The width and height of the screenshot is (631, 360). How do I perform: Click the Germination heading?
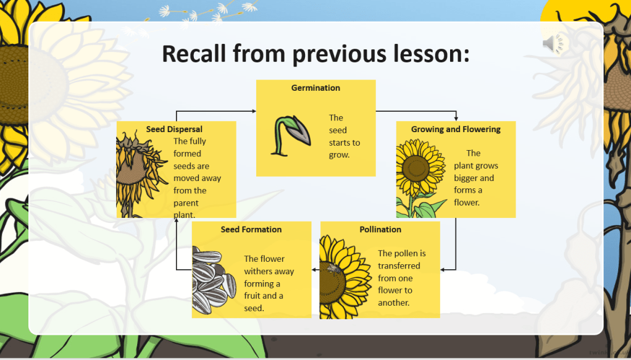pos(315,88)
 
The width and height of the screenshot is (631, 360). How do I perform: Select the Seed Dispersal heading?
pos(174,129)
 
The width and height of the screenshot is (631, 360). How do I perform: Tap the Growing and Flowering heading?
pos(456,129)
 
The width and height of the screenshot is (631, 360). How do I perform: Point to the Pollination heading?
pos(380,230)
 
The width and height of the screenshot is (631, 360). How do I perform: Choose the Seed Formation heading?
pos(251,230)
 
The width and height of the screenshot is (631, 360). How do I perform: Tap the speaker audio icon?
pos(553,43)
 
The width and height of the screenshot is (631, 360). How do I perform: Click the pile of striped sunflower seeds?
pos(213,280)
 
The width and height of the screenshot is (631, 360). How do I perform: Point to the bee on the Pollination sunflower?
pos(333,268)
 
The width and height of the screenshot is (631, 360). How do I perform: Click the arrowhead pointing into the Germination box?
pos(254,111)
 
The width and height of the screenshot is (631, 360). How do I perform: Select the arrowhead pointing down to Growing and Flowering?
pos(456,119)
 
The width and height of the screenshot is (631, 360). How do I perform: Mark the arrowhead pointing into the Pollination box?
pos(443,269)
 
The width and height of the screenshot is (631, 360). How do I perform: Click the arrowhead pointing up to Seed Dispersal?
pos(176,220)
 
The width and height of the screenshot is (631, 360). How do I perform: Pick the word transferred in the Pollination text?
pos(399,266)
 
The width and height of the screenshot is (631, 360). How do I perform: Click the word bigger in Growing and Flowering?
pos(465,178)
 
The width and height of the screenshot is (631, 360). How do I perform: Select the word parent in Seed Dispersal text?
pos(186,203)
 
